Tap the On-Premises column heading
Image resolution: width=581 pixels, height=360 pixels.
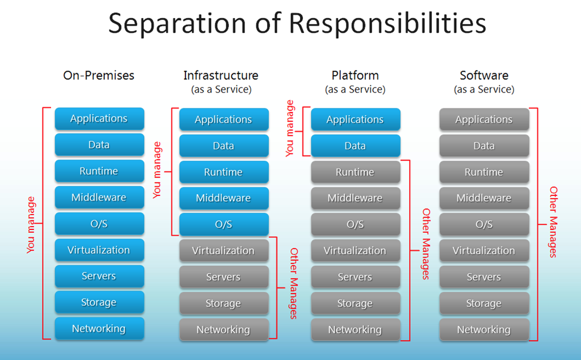[x=99, y=76]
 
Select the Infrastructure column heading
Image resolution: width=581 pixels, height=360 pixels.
[x=221, y=76]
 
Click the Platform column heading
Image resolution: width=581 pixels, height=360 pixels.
[x=355, y=76]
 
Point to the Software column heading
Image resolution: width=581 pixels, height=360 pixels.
[x=484, y=76]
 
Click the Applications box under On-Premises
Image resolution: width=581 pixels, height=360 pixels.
[x=99, y=119]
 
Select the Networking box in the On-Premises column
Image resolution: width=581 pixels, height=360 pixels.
[x=99, y=329]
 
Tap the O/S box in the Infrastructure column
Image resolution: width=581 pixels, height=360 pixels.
[x=224, y=224]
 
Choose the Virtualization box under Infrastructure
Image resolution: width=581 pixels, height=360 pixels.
[x=224, y=250]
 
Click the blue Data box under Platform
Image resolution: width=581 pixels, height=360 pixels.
[x=355, y=146]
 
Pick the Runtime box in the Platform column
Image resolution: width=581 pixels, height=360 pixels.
[x=355, y=172]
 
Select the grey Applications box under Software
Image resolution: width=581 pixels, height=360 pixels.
[x=484, y=120]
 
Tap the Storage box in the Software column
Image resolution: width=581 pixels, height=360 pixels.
[x=484, y=303]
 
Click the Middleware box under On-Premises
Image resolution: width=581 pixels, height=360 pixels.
[x=99, y=198]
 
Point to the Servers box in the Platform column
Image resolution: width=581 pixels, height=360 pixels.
[x=355, y=277]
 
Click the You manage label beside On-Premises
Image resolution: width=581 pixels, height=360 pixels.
[x=31, y=224]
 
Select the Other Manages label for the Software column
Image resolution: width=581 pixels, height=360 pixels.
[x=553, y=222]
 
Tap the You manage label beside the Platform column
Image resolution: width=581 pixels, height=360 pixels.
[x=290, y=128]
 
